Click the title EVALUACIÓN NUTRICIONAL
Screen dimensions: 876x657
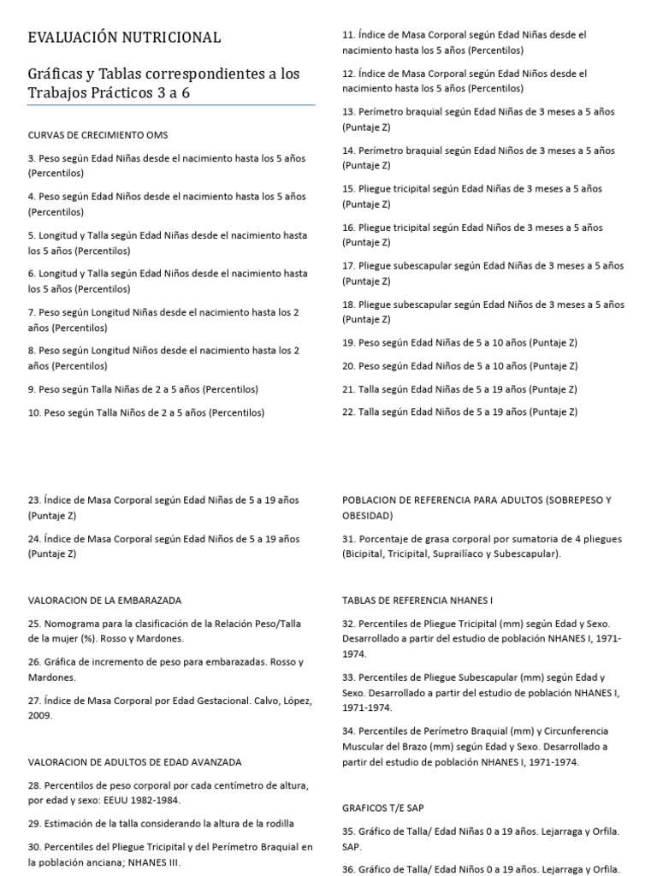(x=124, y=38)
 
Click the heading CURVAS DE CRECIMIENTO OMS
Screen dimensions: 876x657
(x=98, y=135)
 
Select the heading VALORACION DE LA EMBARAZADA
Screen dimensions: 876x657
(x=104, y=601)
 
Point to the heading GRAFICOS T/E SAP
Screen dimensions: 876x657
(x=383, y=808)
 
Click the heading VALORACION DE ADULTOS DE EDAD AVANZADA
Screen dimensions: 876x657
(x=134, y=761)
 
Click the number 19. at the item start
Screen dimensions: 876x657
(x=348, y=342)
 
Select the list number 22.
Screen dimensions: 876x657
(x=348, y=411)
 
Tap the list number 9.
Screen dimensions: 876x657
(x=32, y=389)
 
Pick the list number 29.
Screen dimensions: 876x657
(x=34, y=823)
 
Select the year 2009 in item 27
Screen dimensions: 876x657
(x=39, y=715)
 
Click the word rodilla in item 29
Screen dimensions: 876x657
(x=276, y=823)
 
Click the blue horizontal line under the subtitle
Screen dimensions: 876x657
(x=171, y=105)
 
